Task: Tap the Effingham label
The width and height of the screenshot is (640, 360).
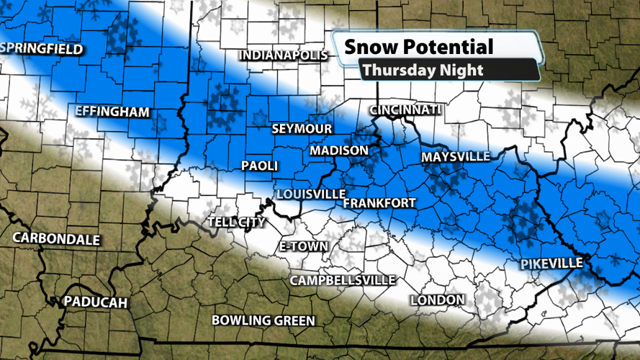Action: [x=112, y=112]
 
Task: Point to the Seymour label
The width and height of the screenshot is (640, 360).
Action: [x=302, y=129]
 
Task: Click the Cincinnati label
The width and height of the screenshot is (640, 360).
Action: [x=405, y=109]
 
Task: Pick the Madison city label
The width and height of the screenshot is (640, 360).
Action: [x=339, y=150]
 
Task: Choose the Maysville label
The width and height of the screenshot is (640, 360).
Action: [x=456, y=156]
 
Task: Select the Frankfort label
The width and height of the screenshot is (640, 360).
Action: [x=379, y=203]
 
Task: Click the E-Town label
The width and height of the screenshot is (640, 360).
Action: [x=303, y=246]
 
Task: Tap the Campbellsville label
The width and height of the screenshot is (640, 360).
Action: [x=343, y=279]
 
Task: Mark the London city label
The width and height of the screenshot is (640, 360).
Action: [x=437, y=299]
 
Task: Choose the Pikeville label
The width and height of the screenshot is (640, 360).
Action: [x=551, y=264]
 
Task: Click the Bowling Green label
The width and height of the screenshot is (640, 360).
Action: [x=263, y=320]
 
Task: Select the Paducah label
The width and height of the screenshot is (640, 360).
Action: [x=95, y=302]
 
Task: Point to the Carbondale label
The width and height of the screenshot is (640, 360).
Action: [x=56, y=239]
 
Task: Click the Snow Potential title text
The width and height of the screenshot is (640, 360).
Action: [x=419, y=48]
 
